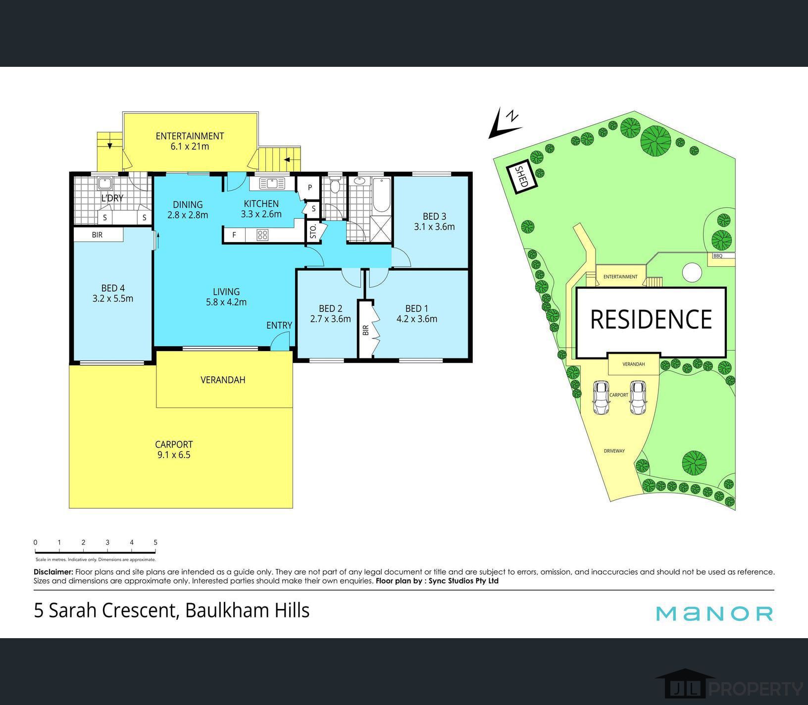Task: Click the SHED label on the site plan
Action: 521,176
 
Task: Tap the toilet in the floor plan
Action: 335,186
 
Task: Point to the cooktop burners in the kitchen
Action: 262,235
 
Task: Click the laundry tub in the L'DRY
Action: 104,184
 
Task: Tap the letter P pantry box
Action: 310,188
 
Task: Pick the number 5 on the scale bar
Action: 155,543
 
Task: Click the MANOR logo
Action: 714,613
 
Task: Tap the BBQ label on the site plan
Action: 717,256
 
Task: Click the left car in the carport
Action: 601,398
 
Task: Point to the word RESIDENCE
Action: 651,319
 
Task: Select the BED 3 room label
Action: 434,216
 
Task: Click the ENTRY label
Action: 279,325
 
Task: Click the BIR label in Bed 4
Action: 97,235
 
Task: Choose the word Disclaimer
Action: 53,572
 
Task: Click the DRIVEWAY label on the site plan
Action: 614,451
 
